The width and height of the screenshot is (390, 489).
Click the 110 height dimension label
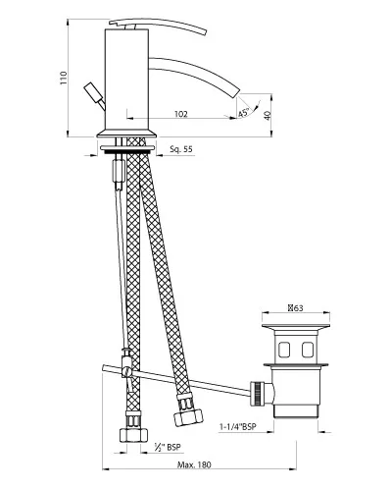point(63,79)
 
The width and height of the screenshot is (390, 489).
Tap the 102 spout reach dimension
point(181,114)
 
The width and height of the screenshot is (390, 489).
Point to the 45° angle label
point(244,112)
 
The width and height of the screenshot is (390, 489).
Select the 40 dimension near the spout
point(268,116)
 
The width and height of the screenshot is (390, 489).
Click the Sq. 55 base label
point(181,149)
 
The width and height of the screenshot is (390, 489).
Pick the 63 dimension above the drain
point(296,307)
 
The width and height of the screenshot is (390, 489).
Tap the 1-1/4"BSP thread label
point(238,427)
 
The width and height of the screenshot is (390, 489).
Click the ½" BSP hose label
point(168,447)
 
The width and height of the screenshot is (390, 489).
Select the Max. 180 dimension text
point(194,464)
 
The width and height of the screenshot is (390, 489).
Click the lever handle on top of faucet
point(158,27)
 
